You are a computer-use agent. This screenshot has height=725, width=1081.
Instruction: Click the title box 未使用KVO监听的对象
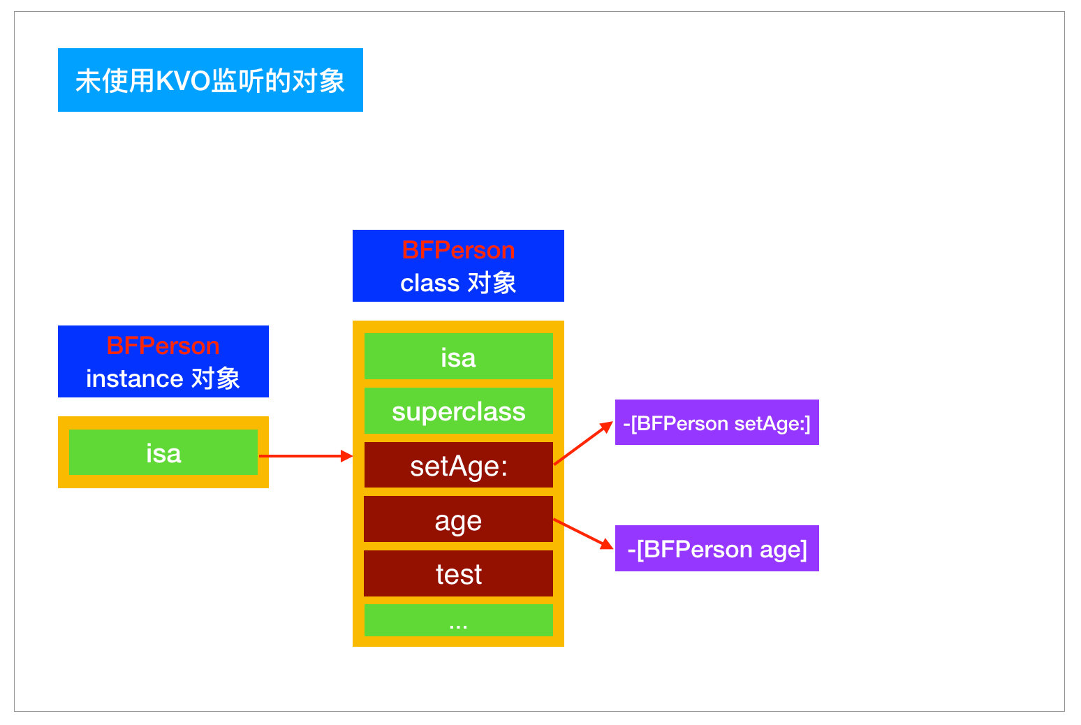pos(210,80)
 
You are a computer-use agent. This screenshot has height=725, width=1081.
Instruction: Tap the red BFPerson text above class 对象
pos(458,250)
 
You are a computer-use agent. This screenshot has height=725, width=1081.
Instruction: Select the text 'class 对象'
pos(458,283)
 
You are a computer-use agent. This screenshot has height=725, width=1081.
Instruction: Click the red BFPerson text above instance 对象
pos(163,346)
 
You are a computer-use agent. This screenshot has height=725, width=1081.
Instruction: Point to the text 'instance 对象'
pos(163,379)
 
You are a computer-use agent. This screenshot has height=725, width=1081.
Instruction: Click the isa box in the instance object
pos(163,453)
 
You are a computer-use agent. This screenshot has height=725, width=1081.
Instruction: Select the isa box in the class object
pos(458,357)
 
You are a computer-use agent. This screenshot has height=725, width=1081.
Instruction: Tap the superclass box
pos(458,411)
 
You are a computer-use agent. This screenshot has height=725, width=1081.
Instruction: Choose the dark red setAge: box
pos(458,466)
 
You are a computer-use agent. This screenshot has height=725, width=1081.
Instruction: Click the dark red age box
pos(458,520)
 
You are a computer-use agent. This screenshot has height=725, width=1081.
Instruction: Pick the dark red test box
pos(458,574)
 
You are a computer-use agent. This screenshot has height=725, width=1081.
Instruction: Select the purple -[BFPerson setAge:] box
pos(716,423)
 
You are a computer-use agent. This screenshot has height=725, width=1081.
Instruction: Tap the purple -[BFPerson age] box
pos(716,549)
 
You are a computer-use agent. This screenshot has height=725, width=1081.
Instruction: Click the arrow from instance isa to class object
pos(304,456)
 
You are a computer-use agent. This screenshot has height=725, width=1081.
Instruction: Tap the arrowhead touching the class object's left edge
pos(346,456)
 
